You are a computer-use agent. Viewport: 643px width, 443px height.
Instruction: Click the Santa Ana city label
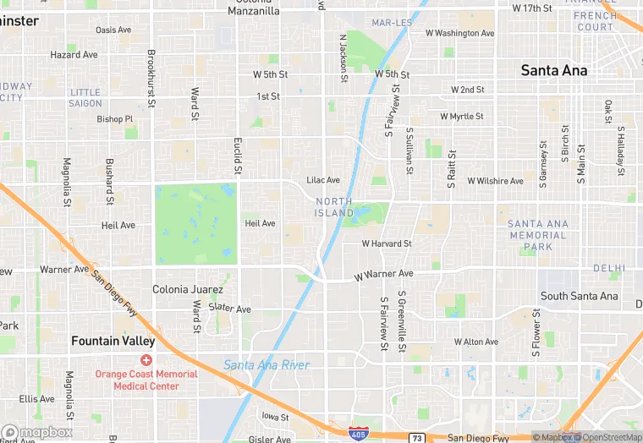click(554, 70)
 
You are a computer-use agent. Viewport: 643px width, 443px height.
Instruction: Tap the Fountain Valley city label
click(113, 342)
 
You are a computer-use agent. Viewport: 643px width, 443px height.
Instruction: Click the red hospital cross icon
click(146, 360)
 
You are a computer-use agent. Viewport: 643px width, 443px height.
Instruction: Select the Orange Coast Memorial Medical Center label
click(146, 380)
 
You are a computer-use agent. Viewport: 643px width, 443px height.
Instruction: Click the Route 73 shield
click(417, 438)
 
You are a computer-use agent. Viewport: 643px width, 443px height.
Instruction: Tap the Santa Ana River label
click(267, 365)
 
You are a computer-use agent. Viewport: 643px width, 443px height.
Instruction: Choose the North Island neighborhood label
click(334, 207)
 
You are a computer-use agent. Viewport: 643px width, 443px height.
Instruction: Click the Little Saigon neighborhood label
click(85, 97)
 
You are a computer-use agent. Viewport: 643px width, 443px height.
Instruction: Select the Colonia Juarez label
click(187, 289)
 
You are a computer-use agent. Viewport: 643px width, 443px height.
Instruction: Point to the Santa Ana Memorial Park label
click(537, 235)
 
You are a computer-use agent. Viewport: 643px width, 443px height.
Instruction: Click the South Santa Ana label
click(580, 296)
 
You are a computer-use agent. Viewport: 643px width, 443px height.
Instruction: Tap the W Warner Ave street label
click(383, 275)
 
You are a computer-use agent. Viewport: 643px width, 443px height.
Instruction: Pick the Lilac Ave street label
click(322, 180)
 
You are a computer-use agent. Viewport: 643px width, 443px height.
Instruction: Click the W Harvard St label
click(387, 243)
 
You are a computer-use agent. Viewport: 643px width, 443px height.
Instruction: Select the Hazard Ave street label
click(74, 55)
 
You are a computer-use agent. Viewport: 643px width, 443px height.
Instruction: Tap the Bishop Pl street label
click(111, 118)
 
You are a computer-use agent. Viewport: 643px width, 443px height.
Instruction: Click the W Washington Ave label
click(459, 34)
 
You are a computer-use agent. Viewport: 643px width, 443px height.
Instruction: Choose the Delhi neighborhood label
click(609, 268)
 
